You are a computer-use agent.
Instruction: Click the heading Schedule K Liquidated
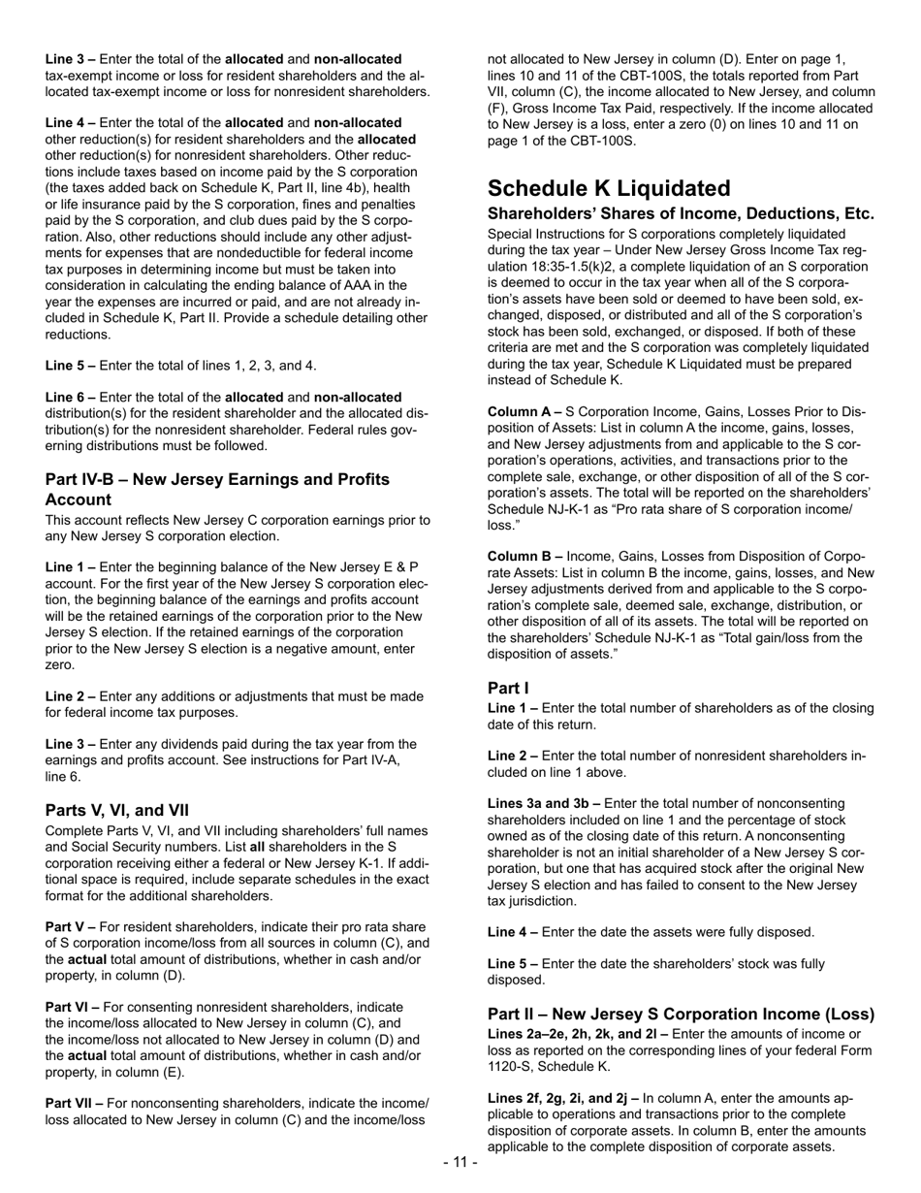[x=609, y=188]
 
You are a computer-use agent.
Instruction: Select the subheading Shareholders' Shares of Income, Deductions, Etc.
[x=681, y=213]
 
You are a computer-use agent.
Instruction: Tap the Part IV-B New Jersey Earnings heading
[x=217, y=489]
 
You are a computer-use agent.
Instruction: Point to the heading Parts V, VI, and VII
[x=117, y=810]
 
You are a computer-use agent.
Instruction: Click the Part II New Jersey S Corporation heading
[x=681, y=1015]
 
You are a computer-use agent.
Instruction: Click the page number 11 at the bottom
[x=460, y=1162]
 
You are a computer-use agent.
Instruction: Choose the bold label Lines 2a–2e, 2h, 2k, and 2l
[x=564, y=1034]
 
